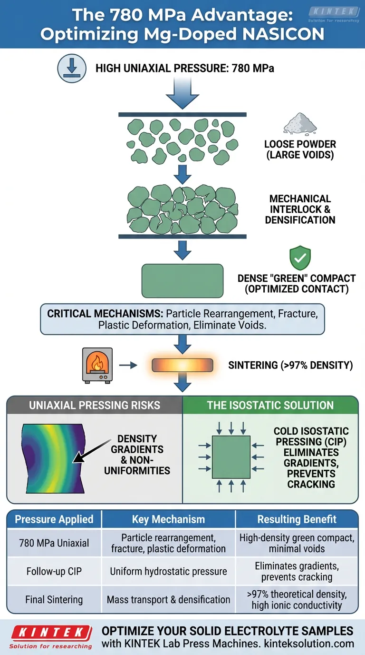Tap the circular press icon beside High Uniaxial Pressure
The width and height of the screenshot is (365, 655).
[71, 69]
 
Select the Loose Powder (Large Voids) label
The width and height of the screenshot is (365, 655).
[300, 149]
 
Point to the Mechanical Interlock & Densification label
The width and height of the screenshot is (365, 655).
[300, 209]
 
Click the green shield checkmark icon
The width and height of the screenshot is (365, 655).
[300, 258]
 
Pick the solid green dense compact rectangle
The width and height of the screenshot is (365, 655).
[182, 280]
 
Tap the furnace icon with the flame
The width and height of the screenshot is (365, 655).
[97, 365]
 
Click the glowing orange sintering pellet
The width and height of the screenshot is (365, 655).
[182, 366]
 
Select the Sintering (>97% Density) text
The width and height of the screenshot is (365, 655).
[290, 366]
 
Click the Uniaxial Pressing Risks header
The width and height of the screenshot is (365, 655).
[95, 406]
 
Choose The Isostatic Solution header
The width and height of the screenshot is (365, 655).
[270, 406]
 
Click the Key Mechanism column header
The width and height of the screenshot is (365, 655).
[169, 519]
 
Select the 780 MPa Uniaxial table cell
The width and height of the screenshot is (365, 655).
[54, 543]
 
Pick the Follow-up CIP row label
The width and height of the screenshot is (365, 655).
[54, 571]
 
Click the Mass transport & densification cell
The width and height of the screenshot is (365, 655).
[169, 600]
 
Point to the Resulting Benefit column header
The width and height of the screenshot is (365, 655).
[297, 519]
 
